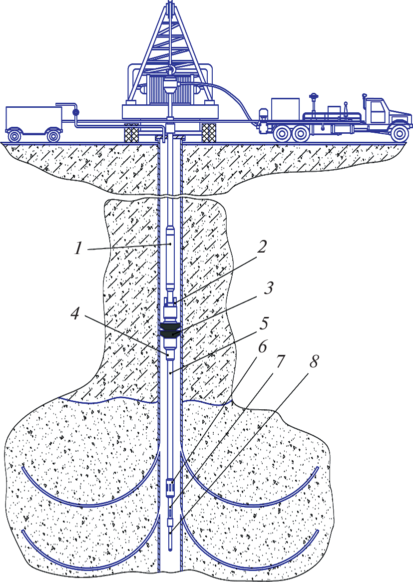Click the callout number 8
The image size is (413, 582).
click(x=313, y=361)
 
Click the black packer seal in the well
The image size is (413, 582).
click(x=171, y=330)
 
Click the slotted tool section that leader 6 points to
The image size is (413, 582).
click(x=170, y=485)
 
